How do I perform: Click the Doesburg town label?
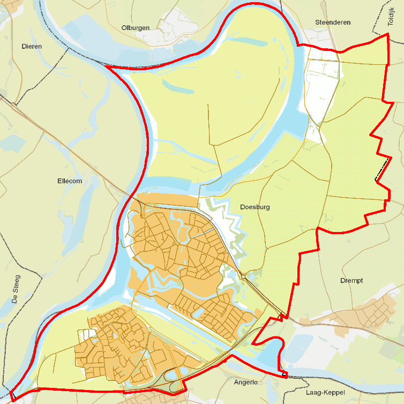pos(255,207)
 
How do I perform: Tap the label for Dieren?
pos(32,47)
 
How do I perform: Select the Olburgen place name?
pos(136,28)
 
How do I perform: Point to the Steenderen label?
pos(333,23)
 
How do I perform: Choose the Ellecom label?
pos(70,181)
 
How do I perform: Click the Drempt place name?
pos(351,281)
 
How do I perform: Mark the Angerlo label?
pos(246,383)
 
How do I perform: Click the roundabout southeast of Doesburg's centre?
pos(243,277)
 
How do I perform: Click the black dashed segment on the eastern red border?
pos(381,170)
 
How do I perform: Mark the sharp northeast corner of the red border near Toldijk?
pos(387,35)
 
